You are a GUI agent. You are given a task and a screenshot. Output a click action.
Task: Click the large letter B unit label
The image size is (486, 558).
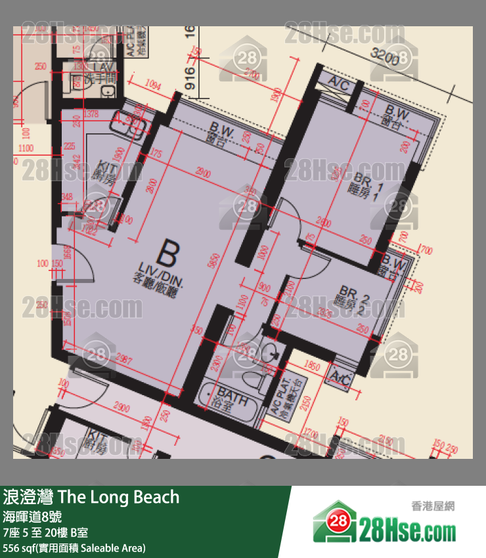click(169, 252)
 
